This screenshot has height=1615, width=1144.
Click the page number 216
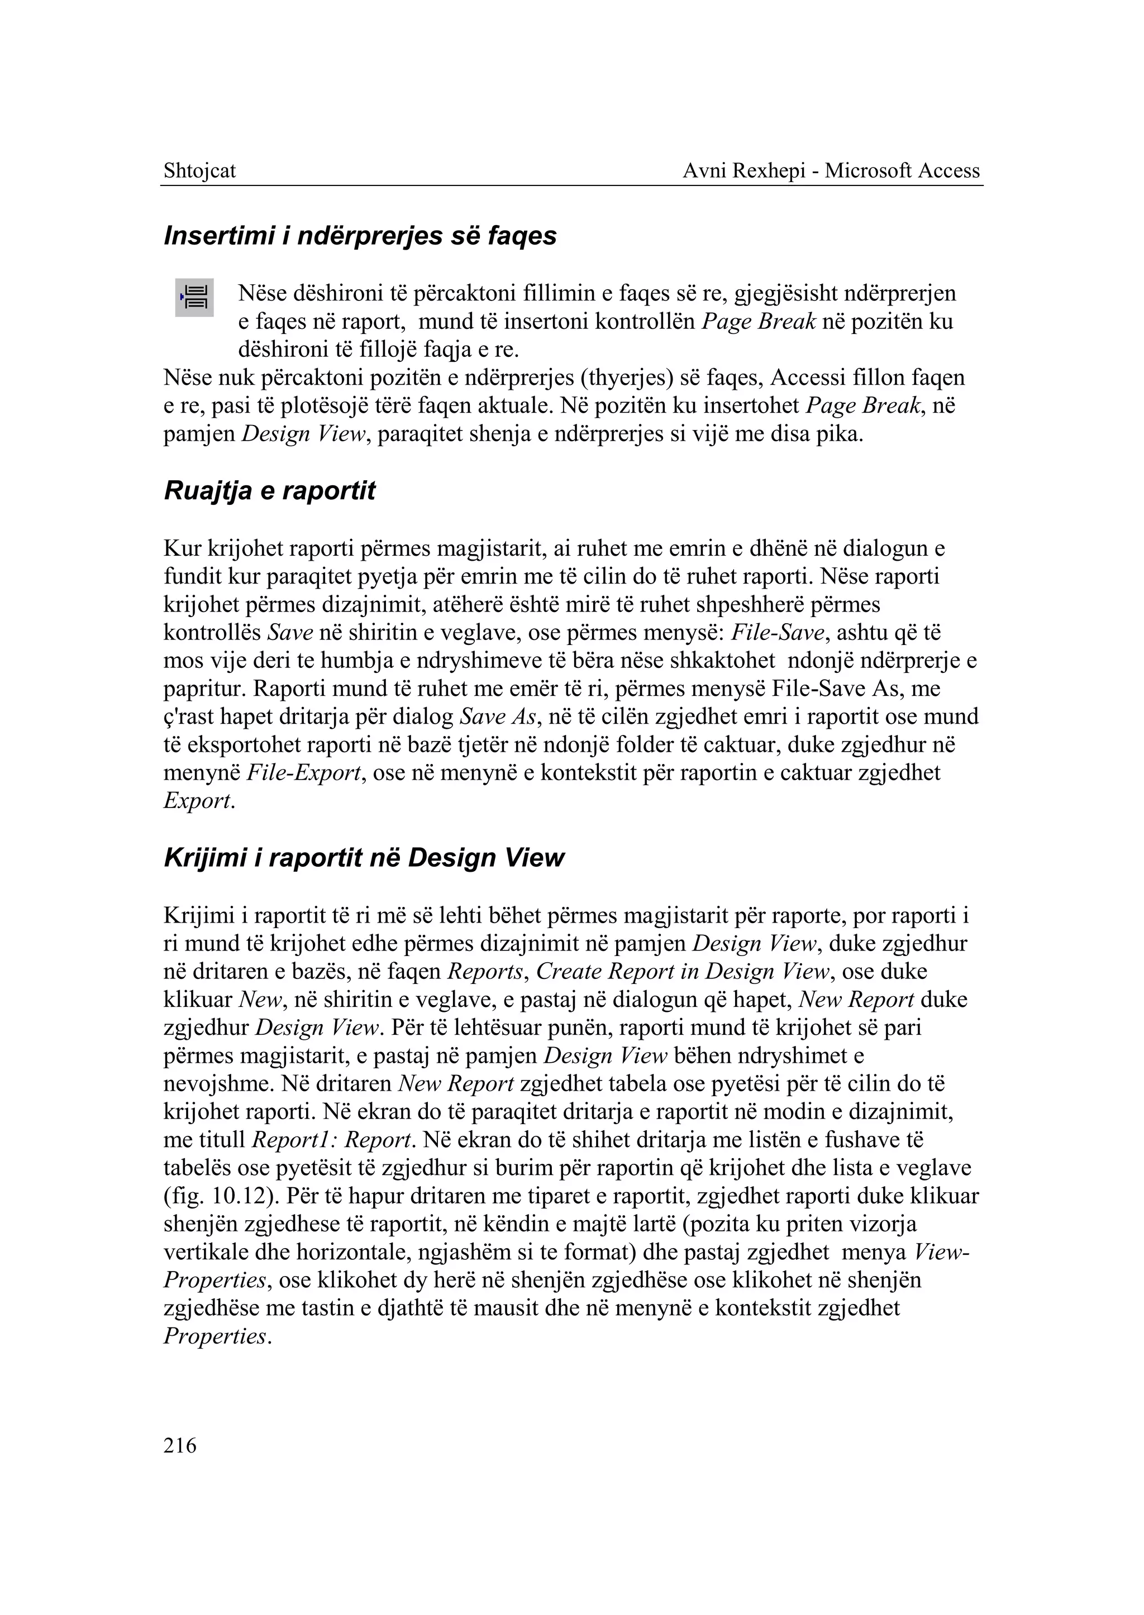[x=180, y=1446]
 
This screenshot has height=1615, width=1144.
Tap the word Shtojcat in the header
[x=199, y=170]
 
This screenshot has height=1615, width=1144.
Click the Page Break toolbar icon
[x=194, y=297]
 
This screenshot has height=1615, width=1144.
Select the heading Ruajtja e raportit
[x=269, y=491]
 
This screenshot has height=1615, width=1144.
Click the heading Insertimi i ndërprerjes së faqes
[x=359, y=236]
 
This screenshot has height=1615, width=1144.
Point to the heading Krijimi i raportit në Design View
[x=364, y=858]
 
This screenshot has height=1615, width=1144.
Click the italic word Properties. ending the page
[x=217, y=1337]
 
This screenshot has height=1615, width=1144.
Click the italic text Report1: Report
[x=332, y=1140]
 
